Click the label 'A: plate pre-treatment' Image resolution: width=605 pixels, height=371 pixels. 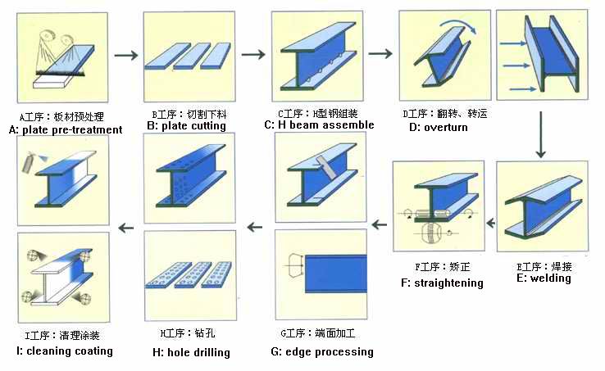(66, 130)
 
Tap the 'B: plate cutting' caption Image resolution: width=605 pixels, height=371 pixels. (186, 126)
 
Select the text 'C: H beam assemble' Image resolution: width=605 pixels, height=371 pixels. (319, 125)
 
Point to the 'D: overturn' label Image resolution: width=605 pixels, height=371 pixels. (439, 127)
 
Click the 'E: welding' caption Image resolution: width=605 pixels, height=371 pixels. (544, 278)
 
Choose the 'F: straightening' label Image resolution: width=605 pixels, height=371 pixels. (442, 283)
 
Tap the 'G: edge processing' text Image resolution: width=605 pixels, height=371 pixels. (322, 351)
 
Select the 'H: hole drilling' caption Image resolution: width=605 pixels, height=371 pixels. (191, 352)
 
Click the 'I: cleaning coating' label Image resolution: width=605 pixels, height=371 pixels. (65, 351)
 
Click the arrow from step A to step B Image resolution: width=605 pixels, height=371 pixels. (126, 55)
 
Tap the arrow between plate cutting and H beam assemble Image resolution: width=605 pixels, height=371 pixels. (253, 54)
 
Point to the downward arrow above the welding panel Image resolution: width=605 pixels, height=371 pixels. (540, 134)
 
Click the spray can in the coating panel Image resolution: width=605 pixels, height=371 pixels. (29, 163)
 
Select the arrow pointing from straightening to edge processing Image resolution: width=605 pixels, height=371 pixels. (380, 224)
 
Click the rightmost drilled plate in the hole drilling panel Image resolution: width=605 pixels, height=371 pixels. (217, 274)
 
